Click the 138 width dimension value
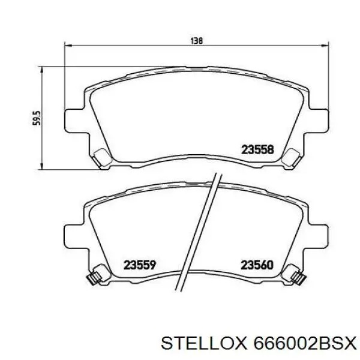(x=196, y=41)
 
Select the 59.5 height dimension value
(x=35, y=117)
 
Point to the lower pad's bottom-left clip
(x=93, y=278)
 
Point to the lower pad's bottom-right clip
(x=296, y=278)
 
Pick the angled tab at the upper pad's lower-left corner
(x=101, y=157)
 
